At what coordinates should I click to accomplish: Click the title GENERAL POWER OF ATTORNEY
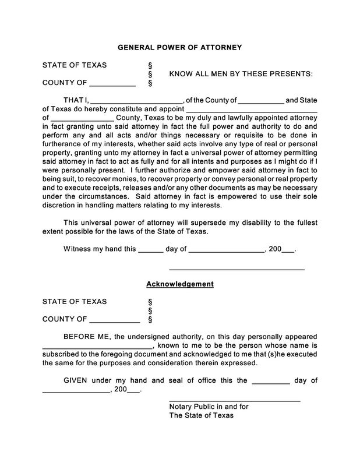pyautogui.click(x=179, y=47)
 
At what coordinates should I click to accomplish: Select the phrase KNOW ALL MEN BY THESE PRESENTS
pyautogui.click(x=241, y=74)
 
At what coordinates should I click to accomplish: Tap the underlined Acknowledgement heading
pyautogui.click(x=179, y=284)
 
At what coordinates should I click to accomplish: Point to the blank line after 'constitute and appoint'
pyautogui.click(x=251, y=110)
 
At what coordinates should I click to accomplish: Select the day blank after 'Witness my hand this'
pyautogui.click(x=150, y=252)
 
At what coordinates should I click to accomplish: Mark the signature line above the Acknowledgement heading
pyautogui.click(x=237, y=270)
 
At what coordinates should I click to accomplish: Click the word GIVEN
pyautogui.click(x=76, y=380)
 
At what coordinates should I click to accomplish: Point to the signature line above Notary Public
pyautogui.click(x=234, y=401)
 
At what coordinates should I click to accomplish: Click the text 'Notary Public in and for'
pyautogui.click(x=213, y=407)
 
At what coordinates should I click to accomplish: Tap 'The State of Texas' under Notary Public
pyautogui.click(x=201, y=416)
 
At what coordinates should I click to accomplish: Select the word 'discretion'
pyautogui.click(x=62, y=205)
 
